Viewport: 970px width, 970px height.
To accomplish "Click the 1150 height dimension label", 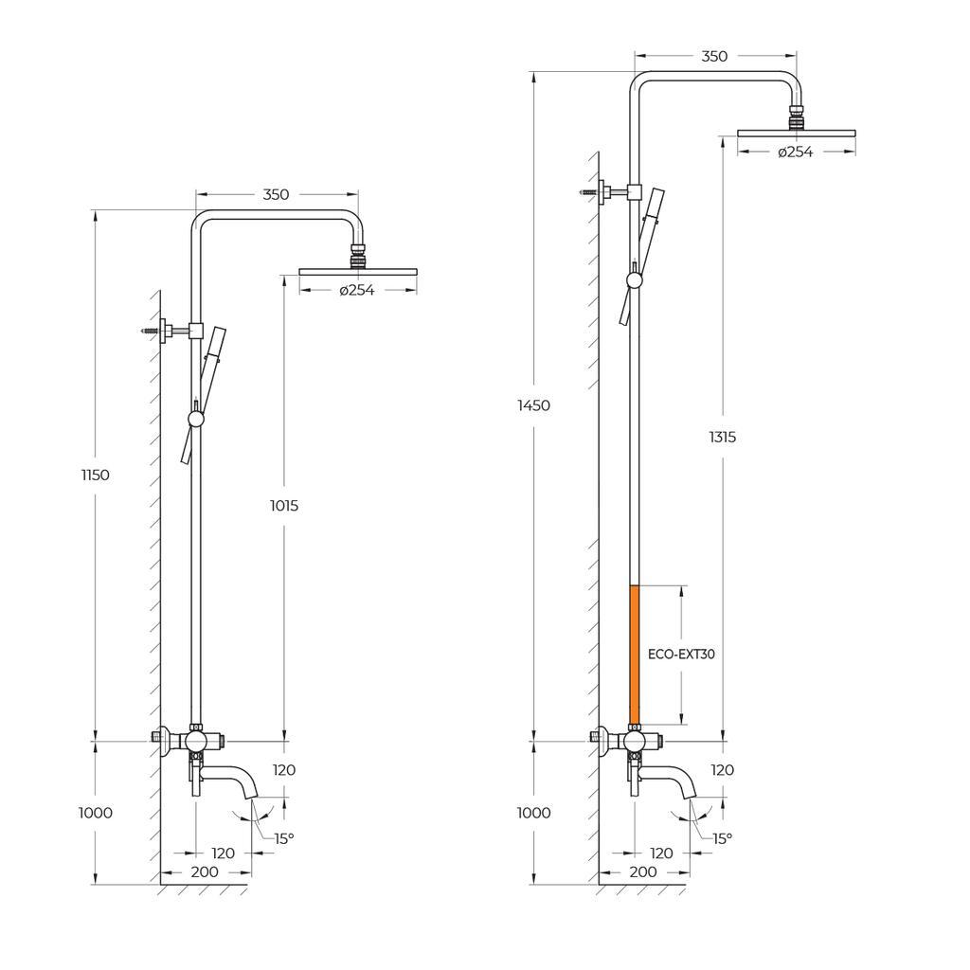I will click(95, 476).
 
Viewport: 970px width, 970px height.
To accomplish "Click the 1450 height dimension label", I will click(534, 405).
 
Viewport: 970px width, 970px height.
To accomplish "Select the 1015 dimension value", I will click(283, 506).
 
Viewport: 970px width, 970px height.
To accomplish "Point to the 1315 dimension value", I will click(722, 437).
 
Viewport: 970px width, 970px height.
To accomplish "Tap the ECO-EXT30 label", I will click(681, 654).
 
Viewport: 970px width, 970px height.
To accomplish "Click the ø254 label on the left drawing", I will click(357, 290).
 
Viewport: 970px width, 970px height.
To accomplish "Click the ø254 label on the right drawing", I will click(796, 152).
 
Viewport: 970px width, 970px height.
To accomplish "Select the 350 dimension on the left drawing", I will click(276, 194).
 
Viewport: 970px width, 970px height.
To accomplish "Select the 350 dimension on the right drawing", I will click(714, 56).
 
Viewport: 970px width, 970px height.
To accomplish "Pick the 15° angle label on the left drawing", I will click(284, 838).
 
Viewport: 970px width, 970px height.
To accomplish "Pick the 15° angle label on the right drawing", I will click(722, 838).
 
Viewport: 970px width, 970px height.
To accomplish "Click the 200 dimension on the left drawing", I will click(205, 871).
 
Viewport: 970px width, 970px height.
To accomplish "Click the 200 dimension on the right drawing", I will click(642, 871).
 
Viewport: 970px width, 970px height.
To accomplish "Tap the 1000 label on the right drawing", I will click(534, 813).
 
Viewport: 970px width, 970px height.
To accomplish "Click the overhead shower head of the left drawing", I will click(357, 271).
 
